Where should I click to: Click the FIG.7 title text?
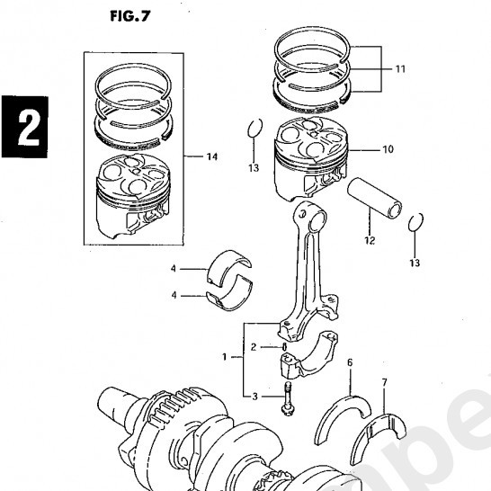click(x=129, y=16)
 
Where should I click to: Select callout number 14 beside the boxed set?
click(x=210, y=157)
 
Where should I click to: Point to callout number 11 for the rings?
click(x=399, y=67)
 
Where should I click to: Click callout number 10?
click(x=387, y=149)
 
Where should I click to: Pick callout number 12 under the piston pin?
click(x=369, y=241)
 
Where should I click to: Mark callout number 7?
click(x=384, y=383)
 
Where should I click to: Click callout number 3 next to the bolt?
click(x=254, y=396)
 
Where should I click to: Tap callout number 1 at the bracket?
click(x=226, y=357)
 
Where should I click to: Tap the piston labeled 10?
click(x=311, y=162)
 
